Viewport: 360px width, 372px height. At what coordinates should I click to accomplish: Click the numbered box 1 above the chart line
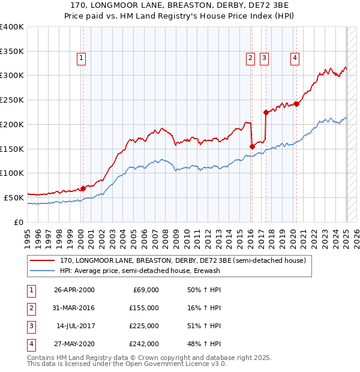click(81, 58)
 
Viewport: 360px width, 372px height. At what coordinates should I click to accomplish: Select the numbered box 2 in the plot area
click(250, 58)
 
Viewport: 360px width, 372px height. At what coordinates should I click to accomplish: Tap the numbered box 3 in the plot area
click(264, 58)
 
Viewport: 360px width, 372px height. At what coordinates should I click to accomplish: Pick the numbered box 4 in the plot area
click(295, 58)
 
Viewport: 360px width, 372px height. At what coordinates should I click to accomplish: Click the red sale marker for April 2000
click(83, 188)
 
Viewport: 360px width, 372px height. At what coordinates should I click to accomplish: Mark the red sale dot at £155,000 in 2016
click(252, 146)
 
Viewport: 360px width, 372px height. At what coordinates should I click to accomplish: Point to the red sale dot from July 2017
click(266, 112)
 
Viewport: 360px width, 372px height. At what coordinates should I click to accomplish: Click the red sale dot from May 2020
click(296, 104)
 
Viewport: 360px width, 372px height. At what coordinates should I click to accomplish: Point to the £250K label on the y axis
click(12, 100)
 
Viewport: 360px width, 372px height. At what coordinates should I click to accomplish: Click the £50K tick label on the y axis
click(14, 197)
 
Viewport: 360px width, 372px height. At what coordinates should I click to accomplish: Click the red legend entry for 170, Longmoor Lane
click(182, 261)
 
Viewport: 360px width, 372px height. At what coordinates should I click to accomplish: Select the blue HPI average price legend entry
click(140, 271)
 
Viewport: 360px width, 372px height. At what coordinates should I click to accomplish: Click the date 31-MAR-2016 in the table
click(74, 308)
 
